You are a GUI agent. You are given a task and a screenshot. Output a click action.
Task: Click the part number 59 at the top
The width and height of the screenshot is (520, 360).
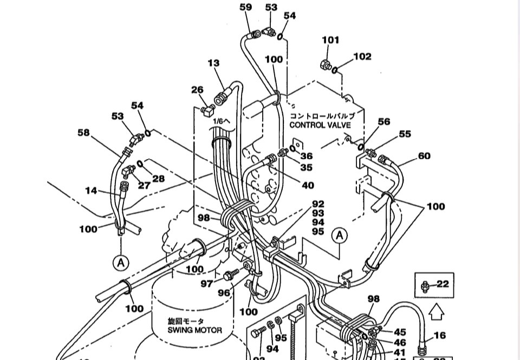click(245, 7)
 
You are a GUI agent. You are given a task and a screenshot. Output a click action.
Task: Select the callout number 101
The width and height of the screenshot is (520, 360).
click(330, 40)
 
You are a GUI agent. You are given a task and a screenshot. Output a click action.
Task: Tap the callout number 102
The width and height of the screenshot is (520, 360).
click(362, 56)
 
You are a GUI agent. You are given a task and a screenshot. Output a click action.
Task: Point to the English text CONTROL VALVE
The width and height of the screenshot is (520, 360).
click(320, 125)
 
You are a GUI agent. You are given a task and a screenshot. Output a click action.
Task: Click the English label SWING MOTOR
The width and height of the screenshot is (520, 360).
click(194, 330)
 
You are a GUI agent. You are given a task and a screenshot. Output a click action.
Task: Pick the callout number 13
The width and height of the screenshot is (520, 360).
click(213, 63)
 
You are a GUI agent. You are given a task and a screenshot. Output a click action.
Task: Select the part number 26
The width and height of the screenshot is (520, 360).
click(197, 90)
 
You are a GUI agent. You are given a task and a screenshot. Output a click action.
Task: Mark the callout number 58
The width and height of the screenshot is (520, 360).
click(83, 133)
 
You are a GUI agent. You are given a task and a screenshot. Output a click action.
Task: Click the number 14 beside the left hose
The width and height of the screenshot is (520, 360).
click(91, 191)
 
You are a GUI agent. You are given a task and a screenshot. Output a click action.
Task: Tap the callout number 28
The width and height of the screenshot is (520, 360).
click(158, 179)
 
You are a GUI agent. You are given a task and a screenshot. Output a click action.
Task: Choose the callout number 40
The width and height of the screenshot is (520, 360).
click(308, 185)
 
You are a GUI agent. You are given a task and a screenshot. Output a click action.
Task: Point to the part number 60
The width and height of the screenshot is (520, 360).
click(424, 156)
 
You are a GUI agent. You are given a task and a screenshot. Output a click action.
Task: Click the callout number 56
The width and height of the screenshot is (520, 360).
click(383, 122)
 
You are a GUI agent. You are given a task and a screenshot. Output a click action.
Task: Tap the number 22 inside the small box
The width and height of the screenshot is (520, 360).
click(443, 284)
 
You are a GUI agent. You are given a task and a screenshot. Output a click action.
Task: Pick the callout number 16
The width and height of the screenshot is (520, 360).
click(440, 336)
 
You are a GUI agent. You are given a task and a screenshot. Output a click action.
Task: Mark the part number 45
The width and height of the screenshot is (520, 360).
click(400, 332)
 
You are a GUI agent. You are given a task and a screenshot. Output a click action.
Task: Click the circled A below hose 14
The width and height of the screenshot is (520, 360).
click(121, 263)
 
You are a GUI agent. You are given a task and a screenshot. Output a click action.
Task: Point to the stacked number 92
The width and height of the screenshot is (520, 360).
click(318, 204)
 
